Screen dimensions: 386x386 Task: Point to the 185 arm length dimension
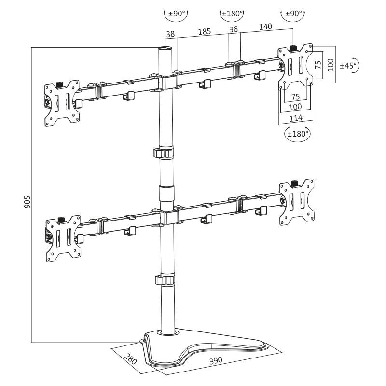click(205, 32)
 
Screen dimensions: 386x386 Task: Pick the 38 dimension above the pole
click(169, 35)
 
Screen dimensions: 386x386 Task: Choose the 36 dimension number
click(234, 30)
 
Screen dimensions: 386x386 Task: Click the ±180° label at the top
click(232, 14)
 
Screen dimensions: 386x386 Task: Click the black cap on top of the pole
click(165, 49)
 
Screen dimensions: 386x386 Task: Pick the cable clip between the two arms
click(164, 153)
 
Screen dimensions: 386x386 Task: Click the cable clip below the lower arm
click(164, 280)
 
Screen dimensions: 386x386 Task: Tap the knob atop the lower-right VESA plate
click(296, 183)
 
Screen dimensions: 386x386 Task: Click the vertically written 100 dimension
click(330, 65)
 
